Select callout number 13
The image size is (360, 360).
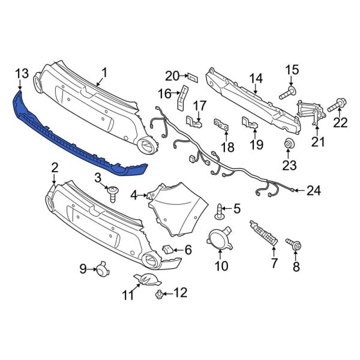pos(21,73)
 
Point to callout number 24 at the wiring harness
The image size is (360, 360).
pos(314,191)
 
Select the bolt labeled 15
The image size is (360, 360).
pos(287,92)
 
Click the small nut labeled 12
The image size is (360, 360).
pos(159,293)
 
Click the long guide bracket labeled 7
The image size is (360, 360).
pos(264,233)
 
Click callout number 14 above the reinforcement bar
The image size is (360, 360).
pos(256,78)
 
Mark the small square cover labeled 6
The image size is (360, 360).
pos(170,248)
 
